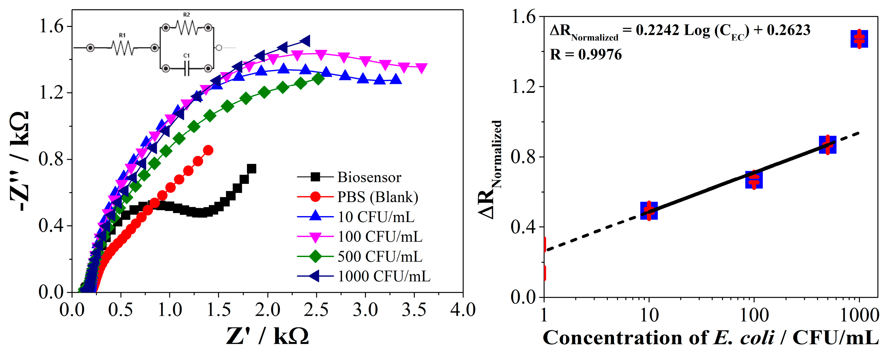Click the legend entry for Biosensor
(x=369, y=177)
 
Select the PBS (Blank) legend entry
(x=377, y=197)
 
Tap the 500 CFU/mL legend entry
(x=380, y=256)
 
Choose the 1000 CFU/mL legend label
(x=384, y=276)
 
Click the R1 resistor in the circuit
(x=122, y=48)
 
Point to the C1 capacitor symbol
(x=187, y=69)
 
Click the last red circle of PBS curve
(x=208, y=150)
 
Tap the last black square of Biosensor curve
(x=252, y=169)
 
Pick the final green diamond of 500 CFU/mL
(x=318, y=79)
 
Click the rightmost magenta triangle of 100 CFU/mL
(x=421, y=68)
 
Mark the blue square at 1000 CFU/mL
(x=859, y=39)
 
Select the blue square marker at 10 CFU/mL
(x=649, y=210)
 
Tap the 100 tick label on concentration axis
(x=754, y=315)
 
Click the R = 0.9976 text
(x=586, y=55)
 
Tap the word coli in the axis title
(x=757, y=338)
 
